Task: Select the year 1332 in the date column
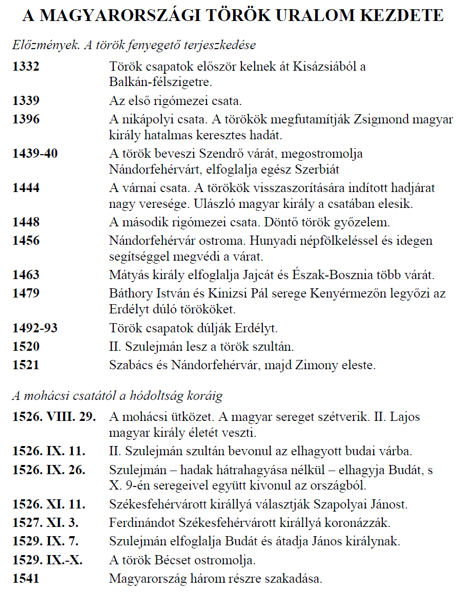pos(26,67)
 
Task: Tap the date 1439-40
pos(35,154)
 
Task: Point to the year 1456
pos(26,241)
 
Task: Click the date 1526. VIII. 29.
pos(54,417)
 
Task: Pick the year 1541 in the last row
pos(26,579)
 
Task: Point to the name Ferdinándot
pos(142,523)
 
